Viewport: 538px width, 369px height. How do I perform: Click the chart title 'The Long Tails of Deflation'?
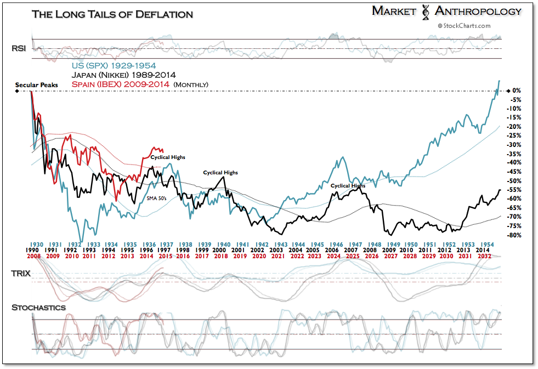click(112, 14)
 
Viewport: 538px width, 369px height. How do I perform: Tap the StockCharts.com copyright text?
click(463, 25)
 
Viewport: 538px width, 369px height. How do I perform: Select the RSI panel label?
click(19, 49)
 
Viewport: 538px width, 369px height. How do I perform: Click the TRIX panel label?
click(21, 273)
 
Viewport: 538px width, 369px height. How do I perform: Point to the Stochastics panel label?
click(38, 308)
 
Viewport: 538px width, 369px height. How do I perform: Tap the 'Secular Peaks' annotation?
click(36, 86)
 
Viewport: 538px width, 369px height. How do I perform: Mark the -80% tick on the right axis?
click(513, 235)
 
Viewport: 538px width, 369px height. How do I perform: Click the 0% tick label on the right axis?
click(516, 90)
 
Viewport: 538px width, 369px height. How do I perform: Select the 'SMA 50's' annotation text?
click(157, 198)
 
